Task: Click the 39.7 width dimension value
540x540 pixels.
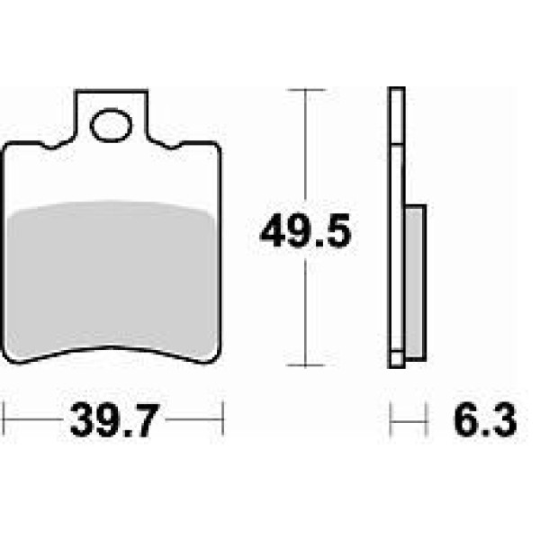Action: tap(114, 420)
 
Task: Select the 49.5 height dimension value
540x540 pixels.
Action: tap(305, 230)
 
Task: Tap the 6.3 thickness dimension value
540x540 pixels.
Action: tap(485, 420)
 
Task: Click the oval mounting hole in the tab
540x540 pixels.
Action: tap(111, 125)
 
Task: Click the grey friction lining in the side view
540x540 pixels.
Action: tap(414, 283)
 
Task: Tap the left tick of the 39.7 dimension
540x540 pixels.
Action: tap(4, 419)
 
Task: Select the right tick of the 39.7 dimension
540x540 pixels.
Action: tap(223, 419)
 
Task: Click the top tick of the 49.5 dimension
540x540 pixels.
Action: tap(305, 90)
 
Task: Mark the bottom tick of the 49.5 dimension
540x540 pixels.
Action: tap(305, 365)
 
